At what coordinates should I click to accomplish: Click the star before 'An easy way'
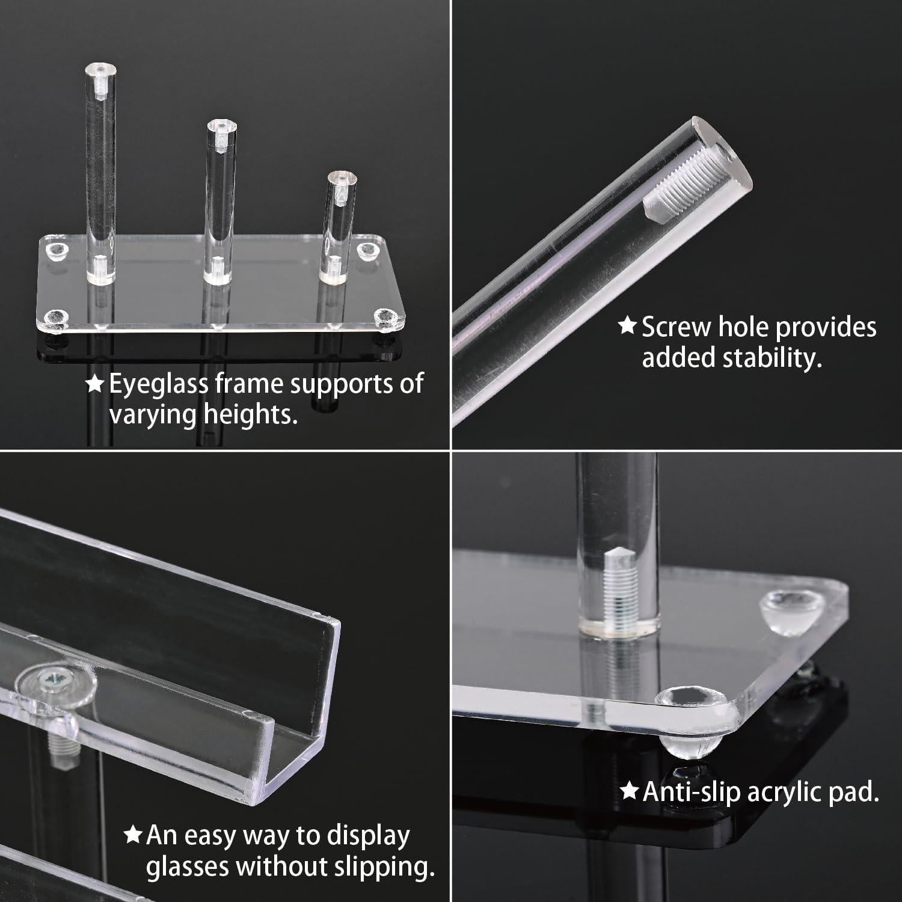(132, 835)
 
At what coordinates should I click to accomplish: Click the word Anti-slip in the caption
(692, 792)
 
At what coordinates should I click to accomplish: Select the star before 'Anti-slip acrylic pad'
(629, 791)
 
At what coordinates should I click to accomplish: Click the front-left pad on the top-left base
(58, 318)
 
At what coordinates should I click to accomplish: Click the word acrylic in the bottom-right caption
(785, 792)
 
